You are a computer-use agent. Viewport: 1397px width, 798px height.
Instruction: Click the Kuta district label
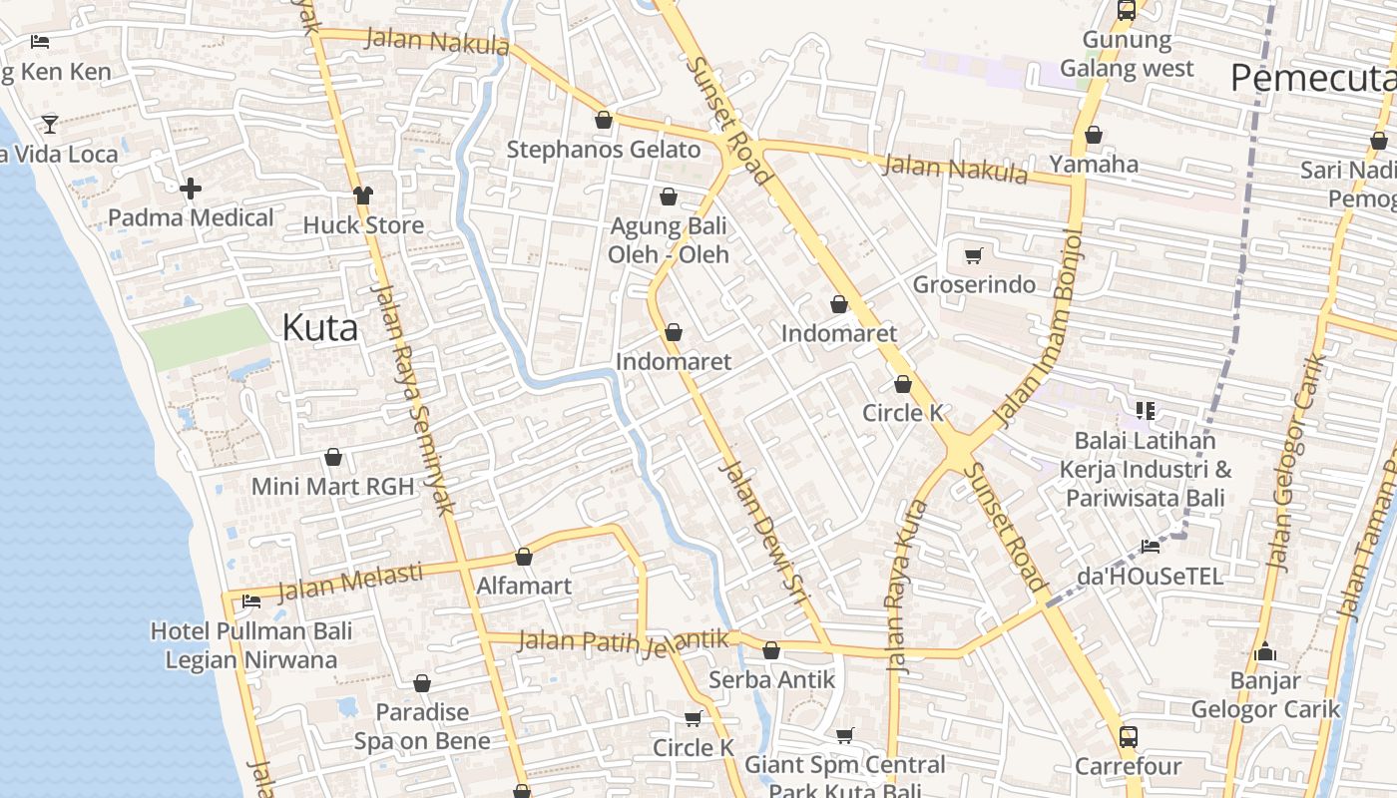pos(319,327)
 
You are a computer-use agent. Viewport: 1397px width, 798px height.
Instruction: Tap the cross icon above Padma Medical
pos(191,188)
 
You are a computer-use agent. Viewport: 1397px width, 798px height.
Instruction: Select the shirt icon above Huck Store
pos(362,195)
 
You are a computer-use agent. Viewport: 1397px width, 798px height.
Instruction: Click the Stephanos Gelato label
pos(604,150)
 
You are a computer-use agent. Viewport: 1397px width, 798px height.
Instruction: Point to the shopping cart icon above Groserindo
pos(974,255)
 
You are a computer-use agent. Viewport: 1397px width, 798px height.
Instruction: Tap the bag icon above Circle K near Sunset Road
pos(903,384)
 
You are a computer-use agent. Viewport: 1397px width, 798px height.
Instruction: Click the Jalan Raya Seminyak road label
pos(412,399)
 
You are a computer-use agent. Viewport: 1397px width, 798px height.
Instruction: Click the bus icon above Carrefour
pos(1128,737)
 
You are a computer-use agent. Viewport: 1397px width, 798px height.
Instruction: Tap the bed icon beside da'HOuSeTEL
pos(1150,547)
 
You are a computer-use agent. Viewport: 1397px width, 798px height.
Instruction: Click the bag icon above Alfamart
pos(524,557)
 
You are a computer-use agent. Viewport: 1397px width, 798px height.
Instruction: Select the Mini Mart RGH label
pos(332,487)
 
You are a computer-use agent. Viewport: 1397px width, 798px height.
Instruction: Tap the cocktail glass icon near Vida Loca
pos(49,124)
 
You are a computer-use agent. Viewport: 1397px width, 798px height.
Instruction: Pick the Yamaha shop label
pos(1094,164)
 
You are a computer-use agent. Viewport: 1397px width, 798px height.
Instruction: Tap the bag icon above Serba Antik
pos(771,651)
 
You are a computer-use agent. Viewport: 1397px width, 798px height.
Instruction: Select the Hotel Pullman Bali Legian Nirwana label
pos(251,645)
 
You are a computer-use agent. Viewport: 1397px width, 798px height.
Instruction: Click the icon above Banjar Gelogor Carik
pos(1265,652)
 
